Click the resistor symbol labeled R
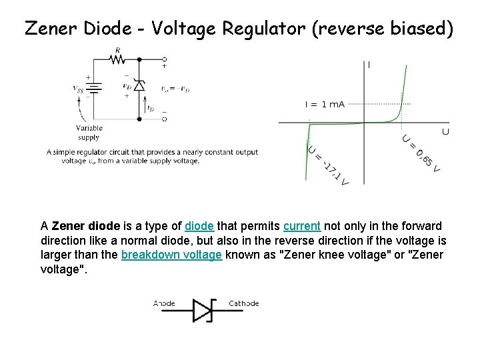click(x=117, y=59)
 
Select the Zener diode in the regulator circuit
click(x=139, y=85)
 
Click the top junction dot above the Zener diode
click(x=139, y=59)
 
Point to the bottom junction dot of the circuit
click(x=139, y=119)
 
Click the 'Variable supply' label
click(x=89, y=133)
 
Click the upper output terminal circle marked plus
click(x=165, y=59)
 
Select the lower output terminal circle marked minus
click(x=165, y=119)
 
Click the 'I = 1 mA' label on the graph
click(x=325, y=104)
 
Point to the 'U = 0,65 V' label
click(x=421, y=153)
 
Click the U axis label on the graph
click(x=445, y=132)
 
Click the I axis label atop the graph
click(x=369, y=65)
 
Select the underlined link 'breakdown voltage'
click(x=171, y=254)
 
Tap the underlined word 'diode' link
click(x=199, y=226)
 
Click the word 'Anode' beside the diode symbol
click(x=164, y=303)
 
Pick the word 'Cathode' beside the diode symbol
click(x=243, y=303)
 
